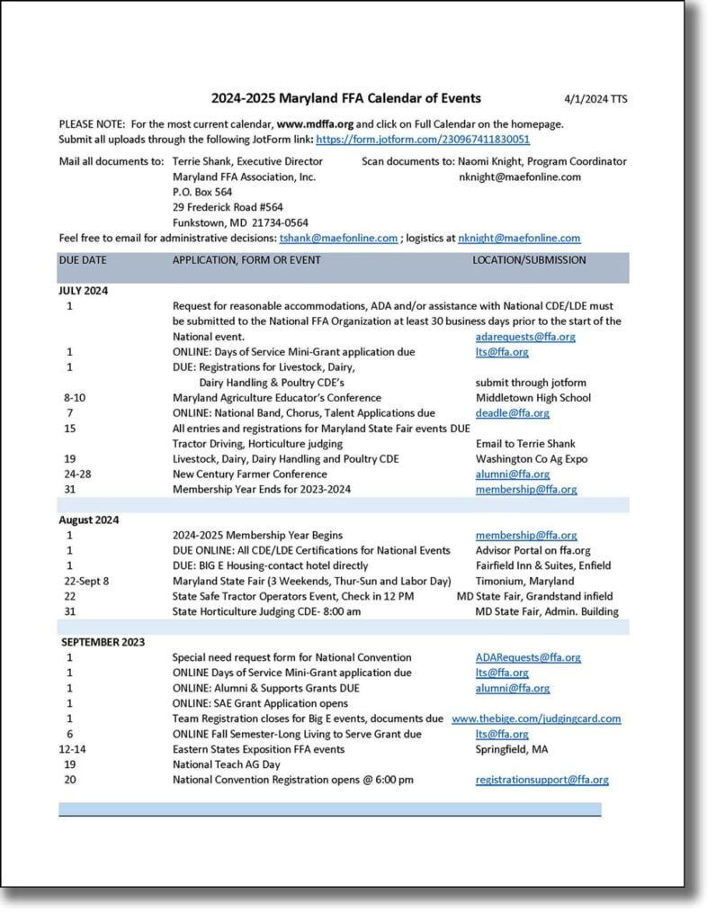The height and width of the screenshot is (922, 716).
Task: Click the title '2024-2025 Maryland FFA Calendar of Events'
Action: pyautogui.click(x=346, y=98)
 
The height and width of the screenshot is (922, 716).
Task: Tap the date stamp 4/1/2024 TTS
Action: pyautogui.click(x=595, y=99)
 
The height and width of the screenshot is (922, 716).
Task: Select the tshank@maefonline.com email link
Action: pyautogui.click(x=338, y=239)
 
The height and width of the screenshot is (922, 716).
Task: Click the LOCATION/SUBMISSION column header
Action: pyautogui.click(x=529, y=260)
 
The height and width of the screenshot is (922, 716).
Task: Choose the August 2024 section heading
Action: pyautogui.click(x=89, y=520)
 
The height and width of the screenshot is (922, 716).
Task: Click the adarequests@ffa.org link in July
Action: pyautogui.click(x=525, y=337)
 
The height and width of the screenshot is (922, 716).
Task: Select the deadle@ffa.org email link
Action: pyautogui.click(x=512, y=413)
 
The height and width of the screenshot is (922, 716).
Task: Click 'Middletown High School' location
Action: pyautogui.click(x=533, y=398)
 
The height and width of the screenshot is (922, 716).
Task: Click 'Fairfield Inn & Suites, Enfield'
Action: pyautogui.click(x=542, y=565)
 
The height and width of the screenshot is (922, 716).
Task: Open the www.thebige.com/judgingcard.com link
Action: pyautogui.click(x=536, y=719)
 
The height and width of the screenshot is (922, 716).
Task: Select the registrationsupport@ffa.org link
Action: pyautogui.click(x=541, y=780)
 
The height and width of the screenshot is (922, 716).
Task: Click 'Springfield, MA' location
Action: pyautogui.click(x=512, y=749)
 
